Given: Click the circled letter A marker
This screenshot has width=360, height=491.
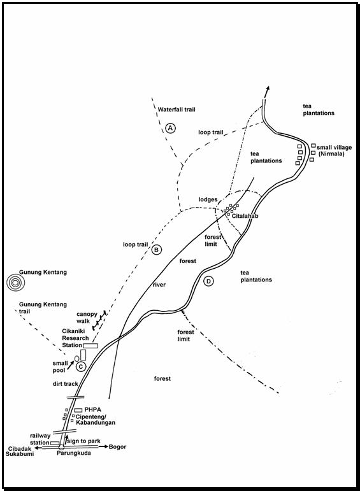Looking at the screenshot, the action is (x=171, y=128).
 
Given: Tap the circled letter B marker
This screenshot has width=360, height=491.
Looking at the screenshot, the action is (x=157, y=250).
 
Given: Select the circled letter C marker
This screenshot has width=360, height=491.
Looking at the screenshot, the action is (x=81, y=366).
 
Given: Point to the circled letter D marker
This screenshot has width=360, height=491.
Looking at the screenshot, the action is (x=208, y=281).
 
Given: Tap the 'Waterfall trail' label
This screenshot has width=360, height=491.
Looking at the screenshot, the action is (x=176, y=110).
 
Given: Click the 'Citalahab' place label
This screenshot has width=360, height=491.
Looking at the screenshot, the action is (x=245, y=216).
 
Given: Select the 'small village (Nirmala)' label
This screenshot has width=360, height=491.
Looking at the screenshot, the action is (x=334, y=151).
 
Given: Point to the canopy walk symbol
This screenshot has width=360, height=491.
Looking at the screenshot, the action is (x=99, y=320).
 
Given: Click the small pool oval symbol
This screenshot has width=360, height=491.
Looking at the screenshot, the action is (x=76, y=359).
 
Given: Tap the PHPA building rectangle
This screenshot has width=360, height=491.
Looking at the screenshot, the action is (x=78, y=410).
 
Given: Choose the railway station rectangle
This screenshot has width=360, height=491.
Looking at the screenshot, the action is (x=55, y=443).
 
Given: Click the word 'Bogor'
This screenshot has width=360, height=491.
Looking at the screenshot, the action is (x=117, y=446).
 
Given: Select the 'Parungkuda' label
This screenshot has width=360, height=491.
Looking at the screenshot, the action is (x=75, y=453).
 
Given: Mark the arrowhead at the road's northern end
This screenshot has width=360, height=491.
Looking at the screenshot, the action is (x=267, y=89).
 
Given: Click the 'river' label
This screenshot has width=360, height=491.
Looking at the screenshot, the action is (x=159, y=285).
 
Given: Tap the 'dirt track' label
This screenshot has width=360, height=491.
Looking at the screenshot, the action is (x=65, y=383).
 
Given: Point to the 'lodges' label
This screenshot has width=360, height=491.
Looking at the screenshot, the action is (x=208, y=199).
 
